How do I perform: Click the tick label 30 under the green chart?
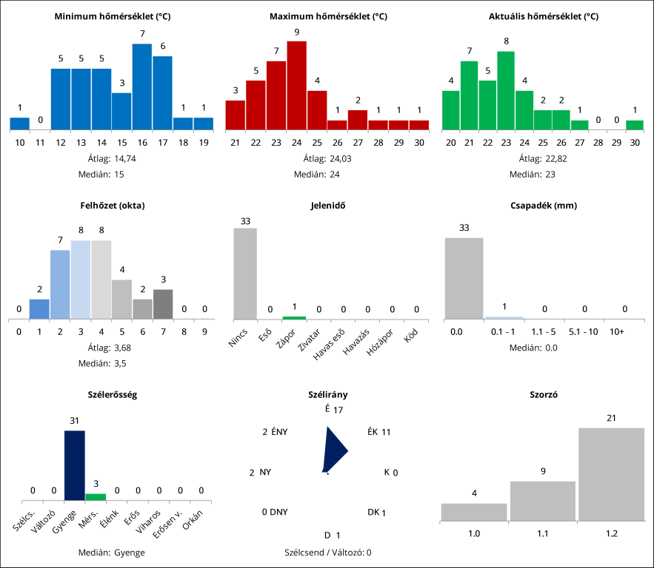click(x=635, y=142)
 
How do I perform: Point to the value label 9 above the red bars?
click(x=296, y=32)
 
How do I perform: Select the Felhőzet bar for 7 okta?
click(x=163, y=304)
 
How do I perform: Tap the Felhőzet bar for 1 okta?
click(x=39, y=309)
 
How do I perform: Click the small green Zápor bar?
click(x=294, y=318)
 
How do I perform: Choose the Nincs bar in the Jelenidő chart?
click(x=245, y=274)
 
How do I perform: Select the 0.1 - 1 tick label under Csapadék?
click(x=504, y=332)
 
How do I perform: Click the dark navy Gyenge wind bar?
click(x=75, y=466)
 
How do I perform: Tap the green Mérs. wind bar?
click(x=96, y=497)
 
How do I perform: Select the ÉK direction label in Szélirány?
click(x=373, y=432)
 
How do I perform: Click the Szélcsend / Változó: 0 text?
click(x=327, y=552)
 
